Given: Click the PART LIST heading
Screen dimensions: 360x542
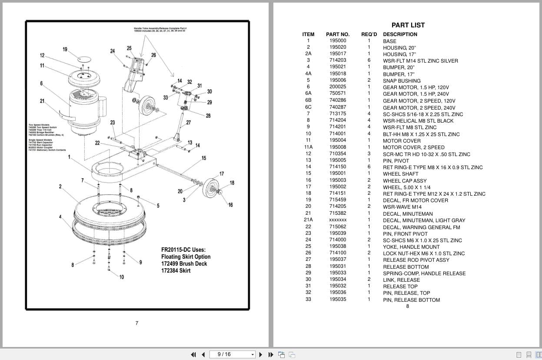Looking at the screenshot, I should (x=408, y=25).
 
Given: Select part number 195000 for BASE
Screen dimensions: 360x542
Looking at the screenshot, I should (x=338, y=41).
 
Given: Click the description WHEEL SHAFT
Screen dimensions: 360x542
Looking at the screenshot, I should (x=400, y=174).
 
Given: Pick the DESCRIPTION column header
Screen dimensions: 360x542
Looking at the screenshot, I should (x=400, y=34).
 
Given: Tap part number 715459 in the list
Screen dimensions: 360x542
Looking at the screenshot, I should (x=338, y=200).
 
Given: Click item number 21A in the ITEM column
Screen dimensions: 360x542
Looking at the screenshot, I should (x=308, y=220).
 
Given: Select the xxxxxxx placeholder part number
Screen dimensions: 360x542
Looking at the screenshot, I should (x=338, y=220).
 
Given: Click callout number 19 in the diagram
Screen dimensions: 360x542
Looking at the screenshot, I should (x=65, y=49).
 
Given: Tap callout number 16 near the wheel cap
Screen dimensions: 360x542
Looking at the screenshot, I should (x=230, y=205).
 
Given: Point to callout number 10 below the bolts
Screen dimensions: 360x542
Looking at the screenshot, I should (x=121, y=277).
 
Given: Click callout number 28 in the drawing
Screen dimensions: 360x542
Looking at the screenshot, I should (x=208, y=116).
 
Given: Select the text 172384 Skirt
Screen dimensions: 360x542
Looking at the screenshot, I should (x=176, y=270).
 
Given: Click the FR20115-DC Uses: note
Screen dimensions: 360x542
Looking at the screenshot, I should (x=183, y=250).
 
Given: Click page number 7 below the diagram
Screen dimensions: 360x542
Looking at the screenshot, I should (x=137, y=323).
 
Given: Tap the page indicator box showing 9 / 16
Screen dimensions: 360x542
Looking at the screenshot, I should (x=233, y=354).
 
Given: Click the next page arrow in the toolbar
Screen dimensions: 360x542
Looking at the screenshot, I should (x=261, y=354).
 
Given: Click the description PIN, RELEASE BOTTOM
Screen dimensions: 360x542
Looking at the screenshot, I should (x=411, y=300).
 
